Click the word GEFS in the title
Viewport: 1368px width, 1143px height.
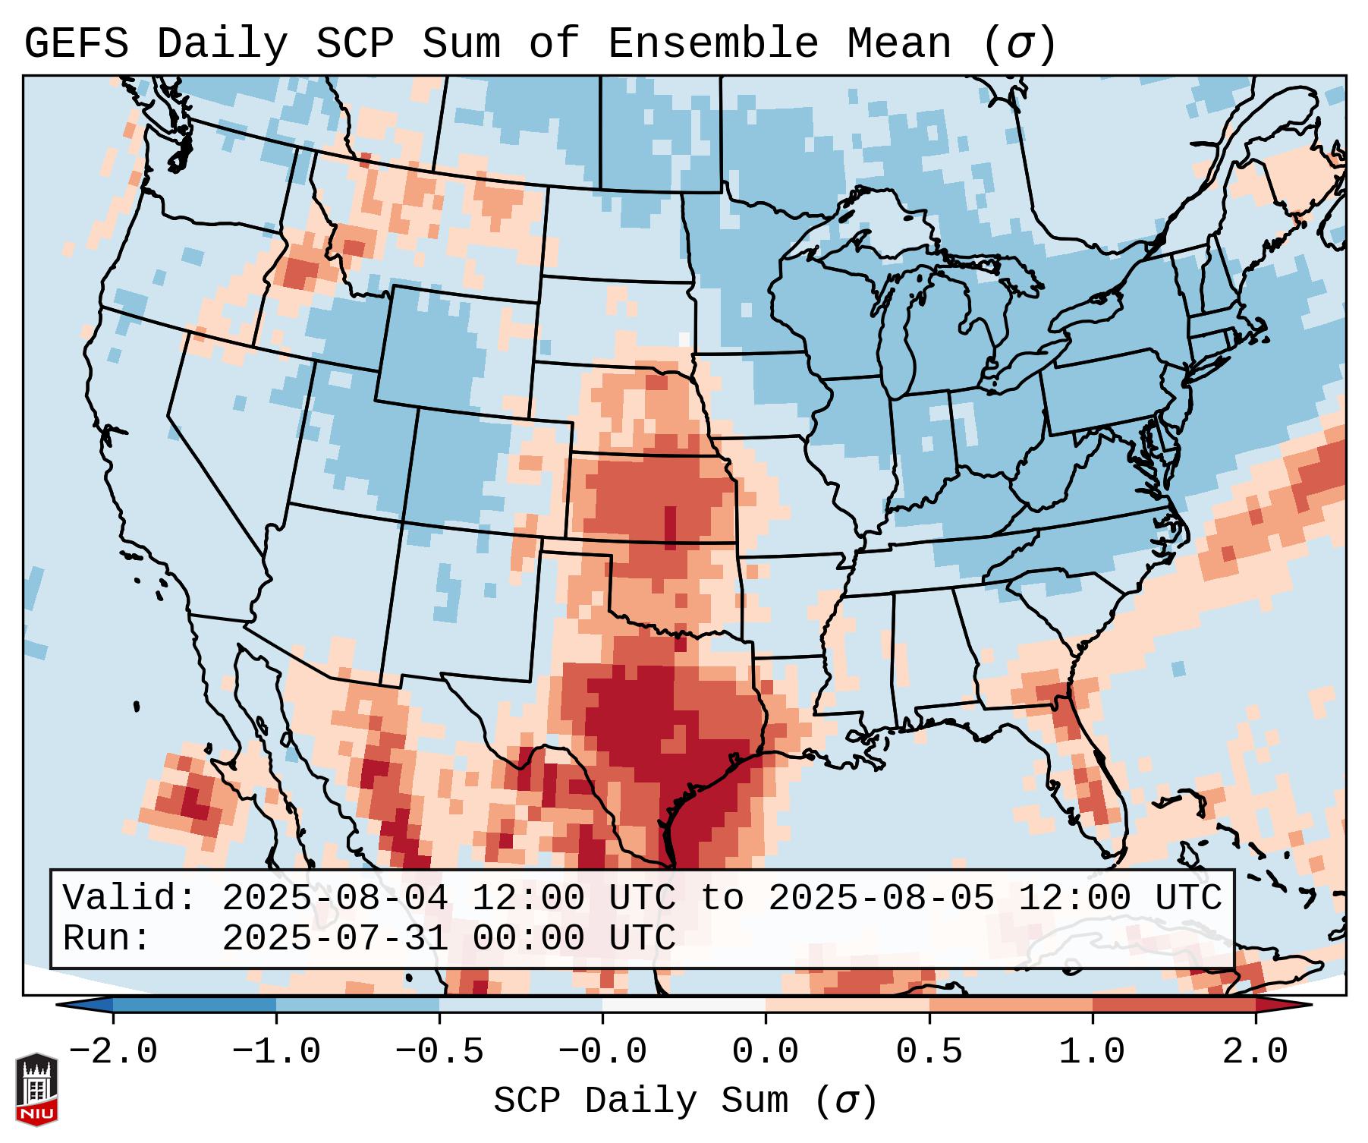76,44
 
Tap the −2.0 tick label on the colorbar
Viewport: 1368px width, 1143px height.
113,1053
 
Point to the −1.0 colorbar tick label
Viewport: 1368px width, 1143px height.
276,1053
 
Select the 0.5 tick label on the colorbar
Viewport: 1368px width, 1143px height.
929,1053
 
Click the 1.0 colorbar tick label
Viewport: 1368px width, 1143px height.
1092,1053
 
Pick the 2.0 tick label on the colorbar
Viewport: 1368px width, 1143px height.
1255,1053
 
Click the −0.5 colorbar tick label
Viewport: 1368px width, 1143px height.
439,1053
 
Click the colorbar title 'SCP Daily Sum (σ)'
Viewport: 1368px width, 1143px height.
684,1101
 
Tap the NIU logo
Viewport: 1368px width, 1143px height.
36,1089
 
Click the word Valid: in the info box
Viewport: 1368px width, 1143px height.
130,899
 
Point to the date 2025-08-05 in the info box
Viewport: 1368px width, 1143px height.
881,899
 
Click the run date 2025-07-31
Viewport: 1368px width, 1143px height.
335,939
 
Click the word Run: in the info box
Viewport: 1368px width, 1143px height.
107,939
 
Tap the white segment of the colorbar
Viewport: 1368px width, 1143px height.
684,1005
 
